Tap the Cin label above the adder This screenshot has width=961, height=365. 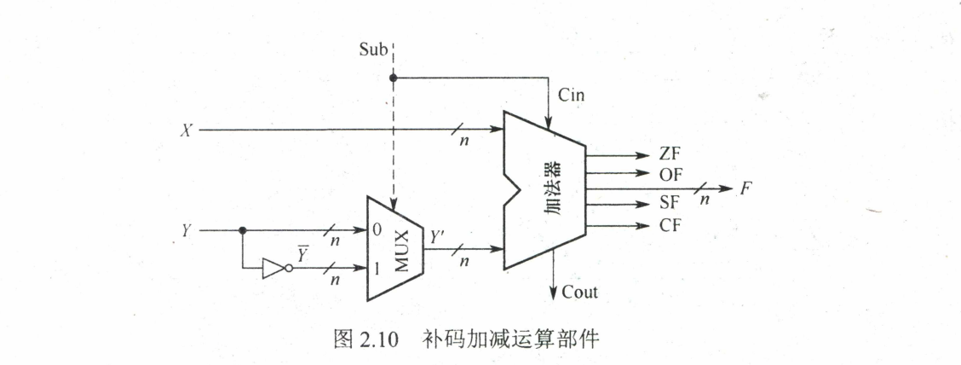(573, 94)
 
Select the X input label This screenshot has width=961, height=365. (186, 130)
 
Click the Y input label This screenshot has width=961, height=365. (187, 229)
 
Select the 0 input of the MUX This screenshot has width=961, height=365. (376, 229)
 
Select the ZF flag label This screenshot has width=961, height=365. (670, 154)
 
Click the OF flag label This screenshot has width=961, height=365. (670, 174)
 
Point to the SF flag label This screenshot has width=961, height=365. (670, 206)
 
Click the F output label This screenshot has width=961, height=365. (745, 188)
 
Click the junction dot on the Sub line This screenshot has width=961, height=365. (393, 78)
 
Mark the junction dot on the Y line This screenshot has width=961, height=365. (243, 229)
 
